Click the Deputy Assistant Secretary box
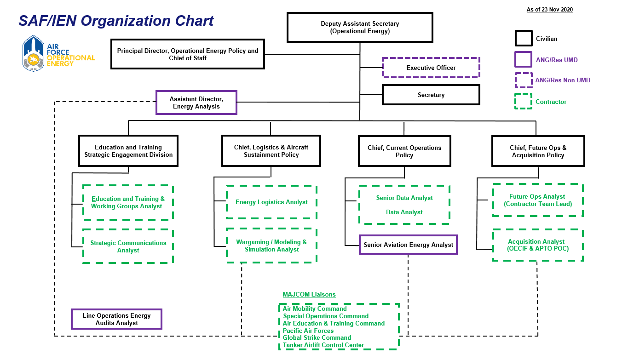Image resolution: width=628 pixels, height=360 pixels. [x=360, y=28]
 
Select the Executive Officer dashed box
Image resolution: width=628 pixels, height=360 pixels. [x=431, y=68]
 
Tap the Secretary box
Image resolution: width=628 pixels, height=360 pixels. [x=431, y=95]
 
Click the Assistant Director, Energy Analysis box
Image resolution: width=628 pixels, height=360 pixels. [x=196, y=103]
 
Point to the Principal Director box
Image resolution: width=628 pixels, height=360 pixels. [x=188, y=55]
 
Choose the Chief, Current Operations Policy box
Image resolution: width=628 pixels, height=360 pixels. [x=404, y=151]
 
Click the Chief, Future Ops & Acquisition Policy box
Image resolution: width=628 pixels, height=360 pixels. [x=538, y=151]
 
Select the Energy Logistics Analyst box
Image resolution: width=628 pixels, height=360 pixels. [x=271, y=202]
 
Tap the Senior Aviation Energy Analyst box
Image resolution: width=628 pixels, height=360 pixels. [x=408, y=245]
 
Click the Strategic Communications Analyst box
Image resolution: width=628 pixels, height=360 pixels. [x=128, y=246]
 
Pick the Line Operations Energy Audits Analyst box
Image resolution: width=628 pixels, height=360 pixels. [x=116, y=319]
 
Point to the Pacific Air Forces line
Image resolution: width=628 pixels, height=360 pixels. [x=308, y=331]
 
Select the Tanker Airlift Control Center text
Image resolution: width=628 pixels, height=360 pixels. [x=323, y=345]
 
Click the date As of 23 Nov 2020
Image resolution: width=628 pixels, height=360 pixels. [x=549, y=10]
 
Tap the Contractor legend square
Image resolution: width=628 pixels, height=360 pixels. [x=523, y=102]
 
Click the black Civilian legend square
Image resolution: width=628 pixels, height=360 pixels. [x=523, y=39]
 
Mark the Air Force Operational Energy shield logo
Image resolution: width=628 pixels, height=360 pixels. [x=34, y=54]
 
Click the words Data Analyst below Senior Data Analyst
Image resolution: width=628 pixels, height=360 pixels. [x=404, y=212]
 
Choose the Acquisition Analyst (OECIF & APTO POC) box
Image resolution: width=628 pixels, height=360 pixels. [x=538, y=245]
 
